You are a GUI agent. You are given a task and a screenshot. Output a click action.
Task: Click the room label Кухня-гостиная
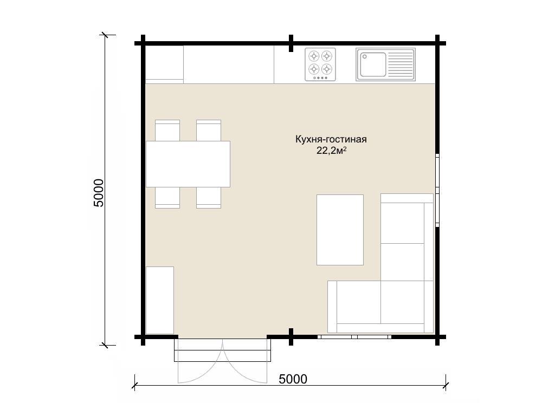pos(331,139)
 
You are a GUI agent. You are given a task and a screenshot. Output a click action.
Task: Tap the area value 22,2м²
pos(331,151)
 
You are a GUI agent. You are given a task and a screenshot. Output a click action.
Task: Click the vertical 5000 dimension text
pos(98,193)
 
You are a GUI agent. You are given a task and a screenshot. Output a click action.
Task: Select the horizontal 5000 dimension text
pos(293,379)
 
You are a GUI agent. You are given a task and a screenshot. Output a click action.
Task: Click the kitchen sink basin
pos(371,65)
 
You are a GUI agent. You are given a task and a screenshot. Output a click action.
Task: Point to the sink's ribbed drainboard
pos(401,64)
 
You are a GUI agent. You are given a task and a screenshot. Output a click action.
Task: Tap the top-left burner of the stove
pos(314,56)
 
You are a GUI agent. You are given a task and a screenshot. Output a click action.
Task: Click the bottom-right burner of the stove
pos(327,69)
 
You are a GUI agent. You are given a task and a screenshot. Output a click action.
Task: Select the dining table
pos(188,164)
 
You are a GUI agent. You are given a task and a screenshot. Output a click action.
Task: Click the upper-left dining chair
pos(167,131)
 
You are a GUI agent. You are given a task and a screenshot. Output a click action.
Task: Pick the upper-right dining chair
pos(209,131)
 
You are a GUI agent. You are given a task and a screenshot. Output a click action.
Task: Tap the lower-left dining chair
pos(167,198)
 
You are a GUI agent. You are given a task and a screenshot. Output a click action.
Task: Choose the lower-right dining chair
pos(209,198)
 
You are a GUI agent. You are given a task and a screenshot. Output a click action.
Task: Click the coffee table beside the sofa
pos(340,230)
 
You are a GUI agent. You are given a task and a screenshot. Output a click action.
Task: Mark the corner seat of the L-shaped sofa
pos(403,302)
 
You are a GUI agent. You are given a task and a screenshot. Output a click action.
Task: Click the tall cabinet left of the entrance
pos(160,300)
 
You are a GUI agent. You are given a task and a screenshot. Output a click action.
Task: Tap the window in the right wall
pos(437,190)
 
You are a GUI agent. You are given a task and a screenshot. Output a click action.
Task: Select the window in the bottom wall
pos(354,337)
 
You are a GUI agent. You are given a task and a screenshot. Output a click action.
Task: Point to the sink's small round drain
pos(365,56)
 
